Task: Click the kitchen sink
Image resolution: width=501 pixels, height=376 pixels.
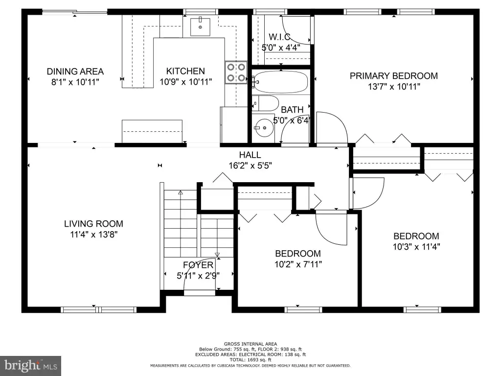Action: (x=200, y=27)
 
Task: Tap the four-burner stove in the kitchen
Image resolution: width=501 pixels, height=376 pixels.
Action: (x=236, y=72)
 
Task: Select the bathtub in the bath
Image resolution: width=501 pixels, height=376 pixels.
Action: (x=281, y=82)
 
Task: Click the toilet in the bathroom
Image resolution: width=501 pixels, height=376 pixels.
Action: (x=265, y=103)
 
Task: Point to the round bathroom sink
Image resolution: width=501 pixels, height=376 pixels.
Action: (x=264, y=128)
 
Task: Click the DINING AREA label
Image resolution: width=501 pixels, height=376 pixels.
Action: (x=75, y=71)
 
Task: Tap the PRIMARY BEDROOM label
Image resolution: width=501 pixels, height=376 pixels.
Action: (x=394, y=76)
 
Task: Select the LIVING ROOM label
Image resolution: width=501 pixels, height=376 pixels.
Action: (x=93, y=223)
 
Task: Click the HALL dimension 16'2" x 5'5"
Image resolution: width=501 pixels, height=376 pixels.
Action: (x=250, y=165)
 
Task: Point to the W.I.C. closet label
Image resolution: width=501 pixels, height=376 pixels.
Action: (x=279, y=37)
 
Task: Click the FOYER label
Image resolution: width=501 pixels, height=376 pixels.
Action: (x=198, y=265)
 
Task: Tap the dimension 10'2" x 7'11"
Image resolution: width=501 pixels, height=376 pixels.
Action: (x=298, y=264)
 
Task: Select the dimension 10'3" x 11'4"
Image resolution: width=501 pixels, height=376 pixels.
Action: (x=416, y=247)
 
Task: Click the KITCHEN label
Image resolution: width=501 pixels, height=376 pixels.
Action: (x=185, y=71)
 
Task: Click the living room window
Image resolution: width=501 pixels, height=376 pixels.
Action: (x=99, y=309)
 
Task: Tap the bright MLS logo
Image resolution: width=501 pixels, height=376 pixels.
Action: (x=31, y=365)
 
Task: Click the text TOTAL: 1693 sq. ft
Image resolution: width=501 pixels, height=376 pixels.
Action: (x=250, y=360)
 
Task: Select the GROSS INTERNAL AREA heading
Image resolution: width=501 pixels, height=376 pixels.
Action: (x=250, y=344)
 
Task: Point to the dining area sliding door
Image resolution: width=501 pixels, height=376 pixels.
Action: (x=75, y=12)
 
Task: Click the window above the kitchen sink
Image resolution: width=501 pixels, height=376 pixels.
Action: (x=201, y=12)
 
